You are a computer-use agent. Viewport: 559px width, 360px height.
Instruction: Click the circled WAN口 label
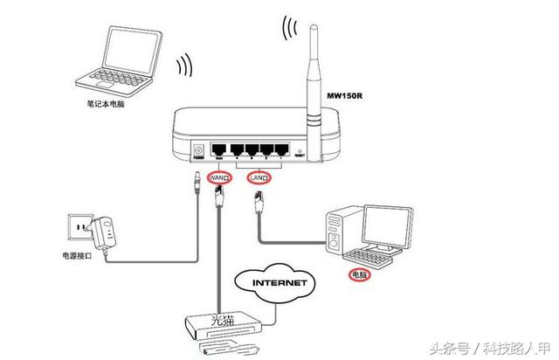click(219, 178)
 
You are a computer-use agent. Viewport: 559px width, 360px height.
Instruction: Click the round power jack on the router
click(198, 151)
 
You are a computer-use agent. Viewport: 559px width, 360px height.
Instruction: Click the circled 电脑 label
click(358, 275)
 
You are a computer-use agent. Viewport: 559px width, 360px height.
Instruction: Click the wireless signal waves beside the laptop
click(183, 66)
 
